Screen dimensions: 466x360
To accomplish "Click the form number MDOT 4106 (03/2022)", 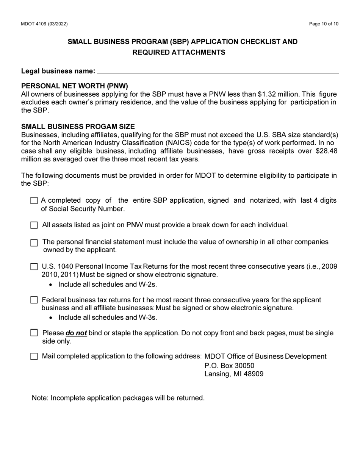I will coord(44,24).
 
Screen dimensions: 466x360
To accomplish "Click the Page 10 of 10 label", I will coord(324,24).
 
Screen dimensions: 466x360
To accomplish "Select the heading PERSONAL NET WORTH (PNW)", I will coord(75,86).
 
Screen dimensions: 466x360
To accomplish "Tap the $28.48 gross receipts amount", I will coord(327,151).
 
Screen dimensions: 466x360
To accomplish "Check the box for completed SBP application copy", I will coord(34,201).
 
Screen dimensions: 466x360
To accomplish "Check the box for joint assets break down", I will coord(34,225).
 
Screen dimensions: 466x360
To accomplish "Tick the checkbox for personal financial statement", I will coord(34,242).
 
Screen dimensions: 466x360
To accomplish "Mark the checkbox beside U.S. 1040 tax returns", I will coord(34,267).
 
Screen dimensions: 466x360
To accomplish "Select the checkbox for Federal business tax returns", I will coord(34,300).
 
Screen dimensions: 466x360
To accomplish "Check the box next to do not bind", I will coord(34,333).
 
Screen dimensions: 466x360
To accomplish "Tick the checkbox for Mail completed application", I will coord(34,357).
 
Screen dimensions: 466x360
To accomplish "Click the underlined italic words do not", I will coord(76,333).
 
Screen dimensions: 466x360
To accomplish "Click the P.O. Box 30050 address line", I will coord(229,366).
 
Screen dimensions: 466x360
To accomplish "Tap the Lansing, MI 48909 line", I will coord(234,374).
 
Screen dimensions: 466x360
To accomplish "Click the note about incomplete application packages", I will coord(118,398).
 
